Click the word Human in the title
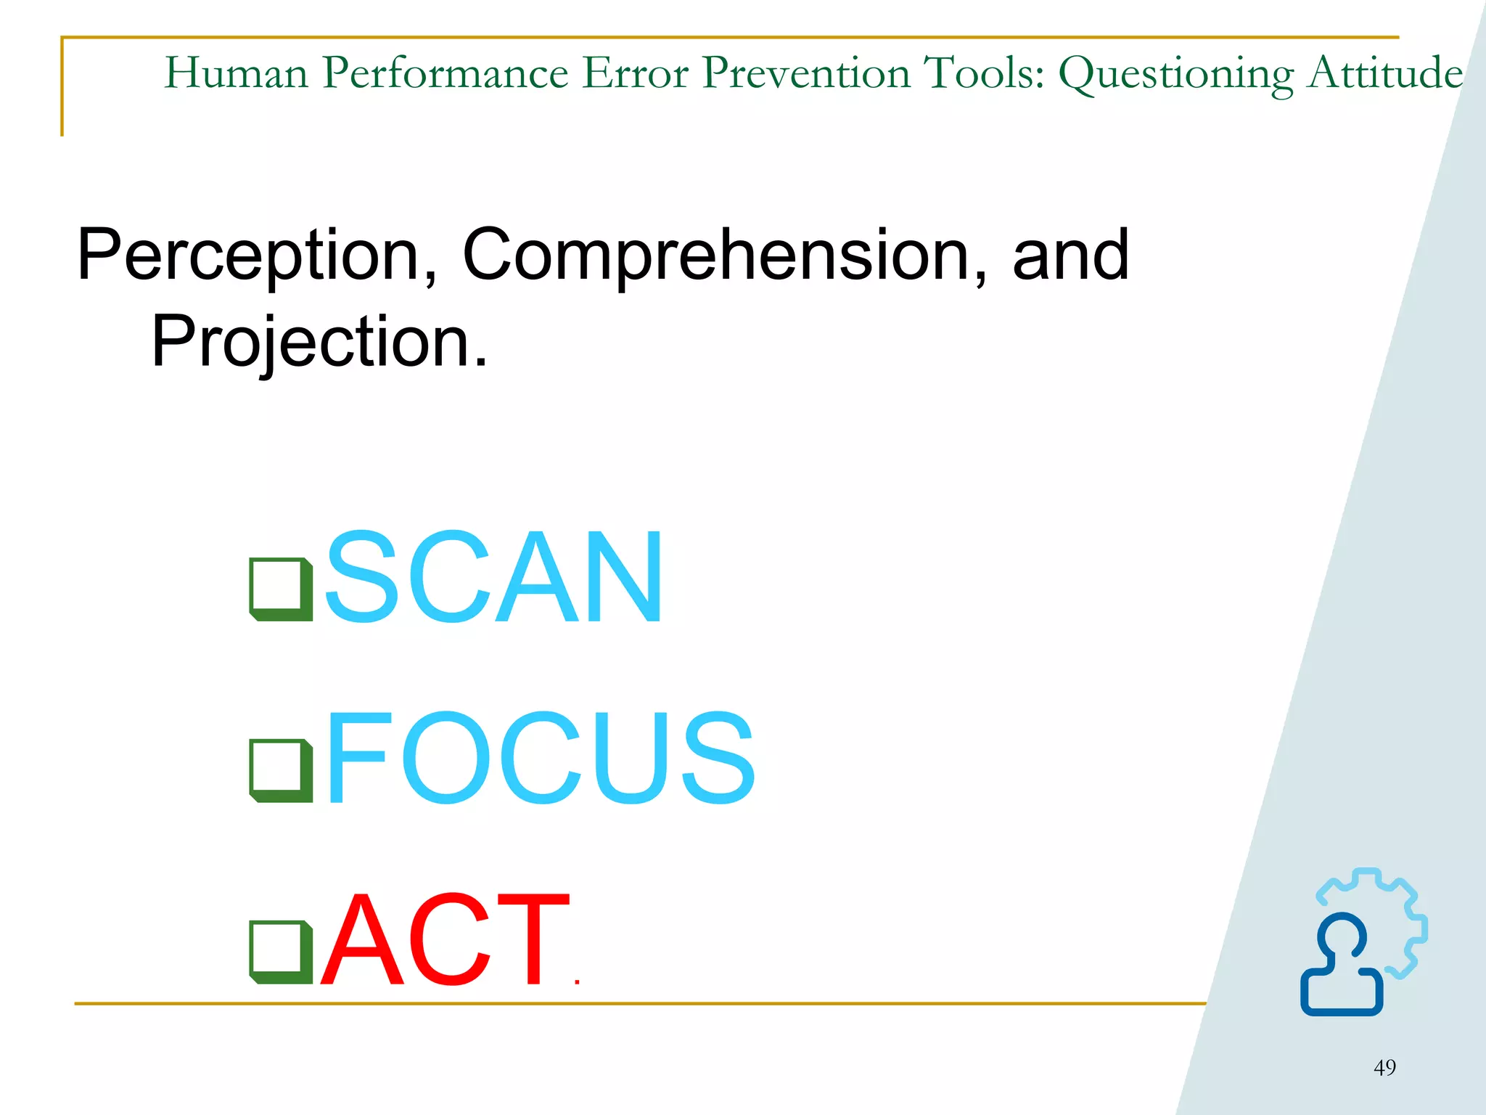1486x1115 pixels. tap(237, 73)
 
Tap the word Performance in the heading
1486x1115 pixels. tap(446, 73)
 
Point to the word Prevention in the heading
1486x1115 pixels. tap(806, 73)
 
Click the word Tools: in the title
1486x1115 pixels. tap(983, 73)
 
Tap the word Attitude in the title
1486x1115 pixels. tap(1385, 73)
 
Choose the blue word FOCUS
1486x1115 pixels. tap(541, 759)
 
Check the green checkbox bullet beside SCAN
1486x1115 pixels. tap(281, 589)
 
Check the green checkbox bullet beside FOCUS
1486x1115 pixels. tap(281, 771)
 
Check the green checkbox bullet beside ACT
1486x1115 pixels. tap(281, 952)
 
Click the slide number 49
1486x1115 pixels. tap(1384, 1068)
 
